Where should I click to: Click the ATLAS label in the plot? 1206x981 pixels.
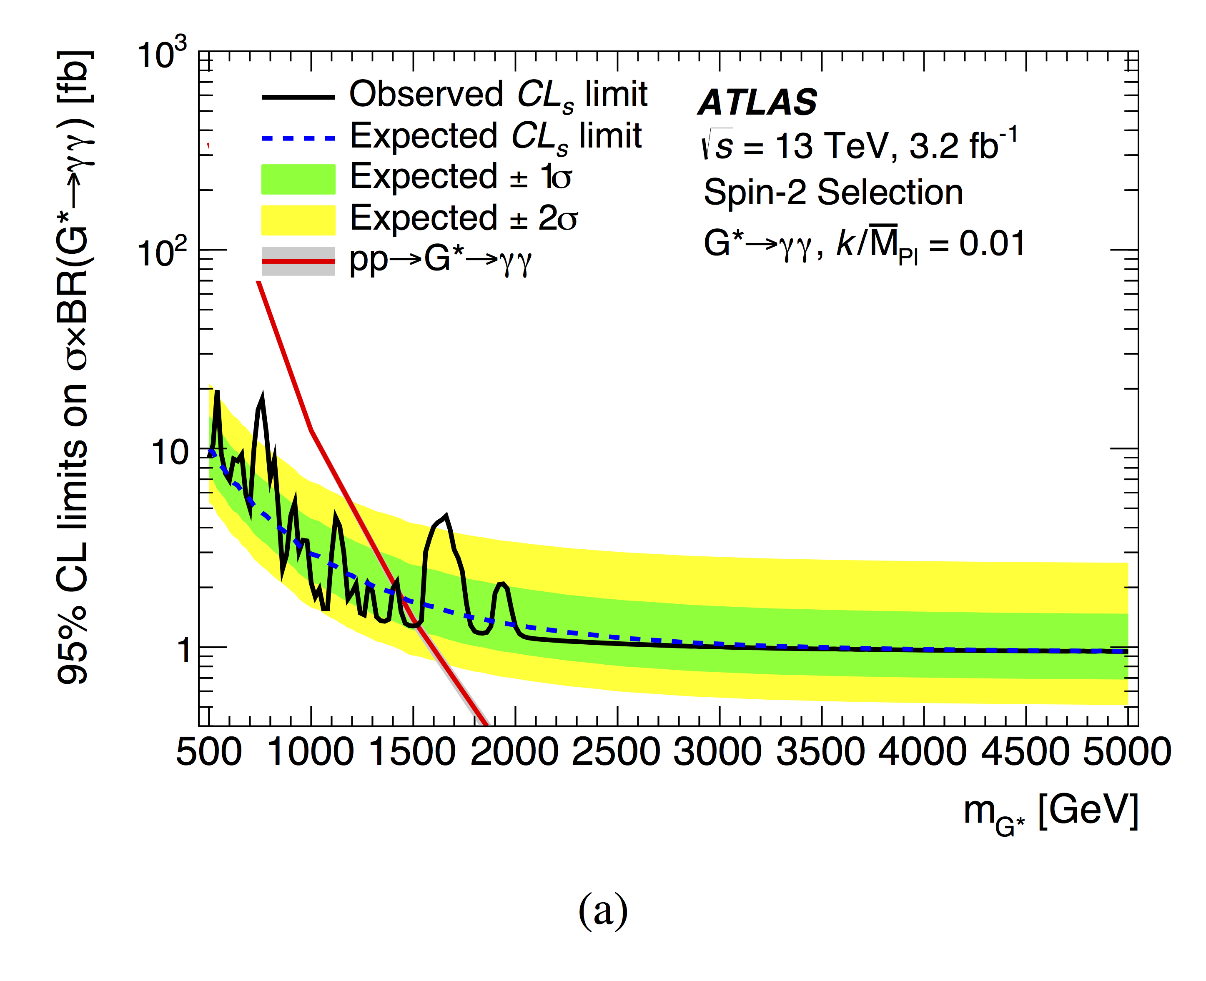757,103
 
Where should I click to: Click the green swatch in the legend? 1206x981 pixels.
298,179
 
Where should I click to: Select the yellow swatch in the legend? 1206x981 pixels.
298,220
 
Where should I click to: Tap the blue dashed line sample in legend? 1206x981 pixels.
298,138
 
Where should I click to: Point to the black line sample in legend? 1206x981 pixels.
298,97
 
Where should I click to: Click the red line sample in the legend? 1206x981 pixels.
298,261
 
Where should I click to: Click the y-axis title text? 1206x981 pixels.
73,367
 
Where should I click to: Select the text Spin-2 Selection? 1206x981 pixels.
833,193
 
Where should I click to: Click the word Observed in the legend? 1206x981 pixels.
426,94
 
